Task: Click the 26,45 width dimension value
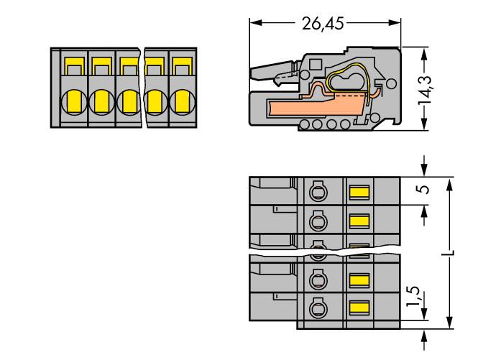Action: click(322, 23)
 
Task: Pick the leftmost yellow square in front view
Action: click(74, 69)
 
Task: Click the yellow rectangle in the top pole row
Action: click(358, 192)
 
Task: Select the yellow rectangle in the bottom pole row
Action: click(358, 308)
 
